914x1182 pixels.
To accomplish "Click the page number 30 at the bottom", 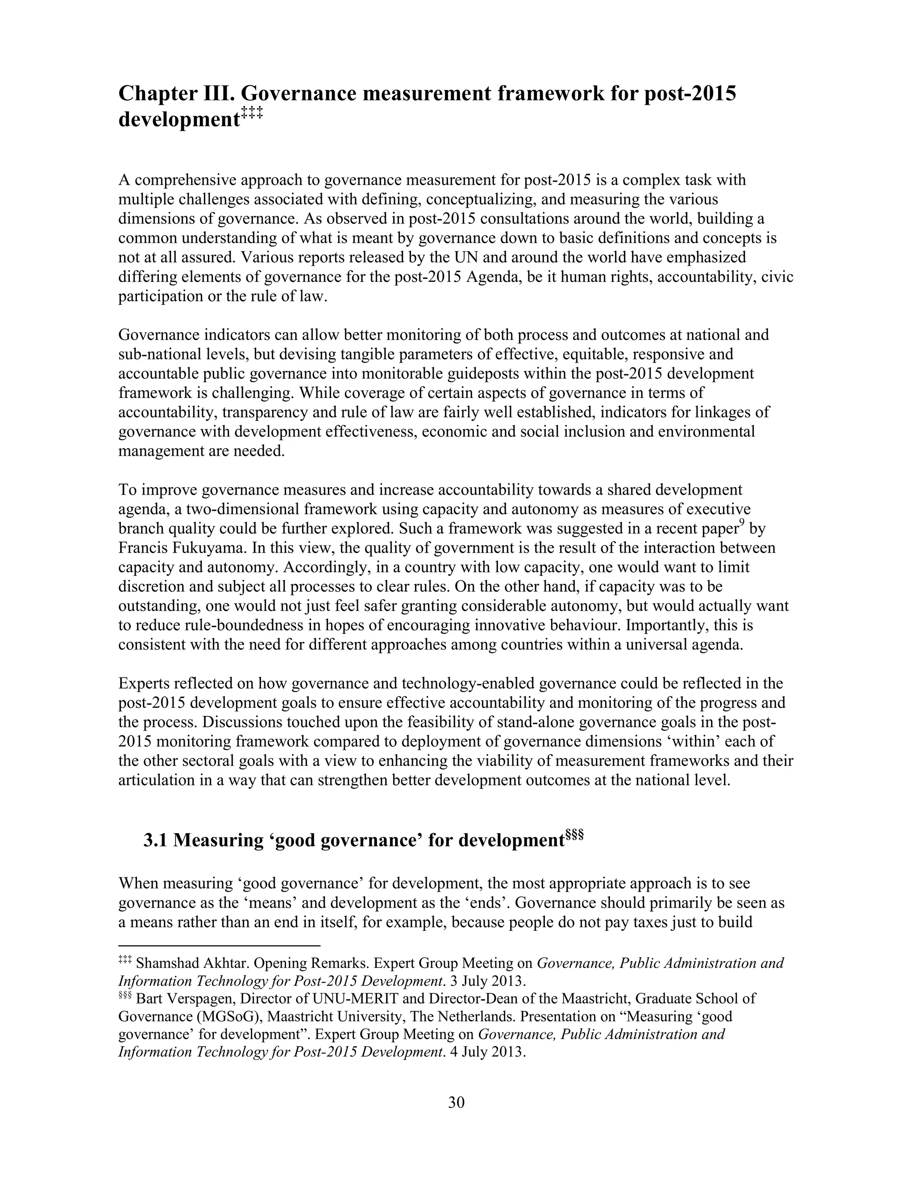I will [457, 1102].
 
